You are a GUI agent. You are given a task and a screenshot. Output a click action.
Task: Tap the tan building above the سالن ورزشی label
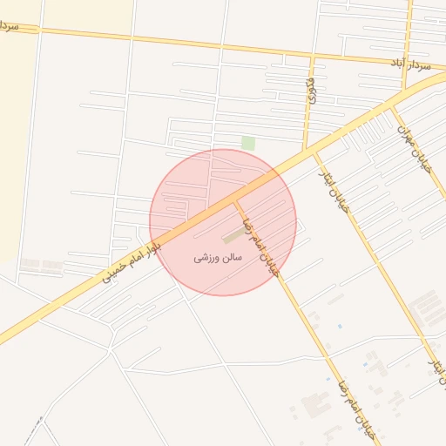coord(233,236)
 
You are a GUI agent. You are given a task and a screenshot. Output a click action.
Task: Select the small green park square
coord(248,143)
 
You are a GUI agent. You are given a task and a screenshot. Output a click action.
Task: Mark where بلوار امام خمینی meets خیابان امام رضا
coord(234,201)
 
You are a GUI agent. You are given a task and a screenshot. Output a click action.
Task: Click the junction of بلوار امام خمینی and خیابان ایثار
coord(314,153)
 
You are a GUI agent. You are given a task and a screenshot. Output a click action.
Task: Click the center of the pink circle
coord(223,222)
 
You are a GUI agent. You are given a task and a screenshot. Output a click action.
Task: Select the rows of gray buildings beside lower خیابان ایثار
coord(427,309)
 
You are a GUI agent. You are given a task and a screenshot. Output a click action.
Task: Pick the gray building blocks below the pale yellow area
coord(42,262)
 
